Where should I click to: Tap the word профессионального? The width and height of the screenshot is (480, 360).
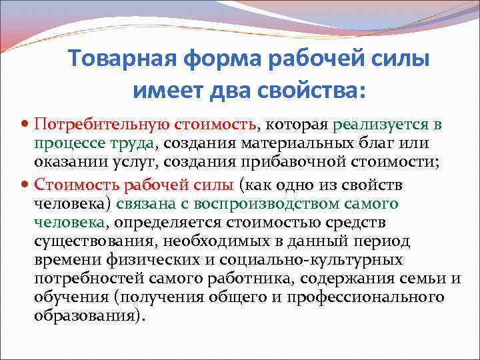[365, 297]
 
